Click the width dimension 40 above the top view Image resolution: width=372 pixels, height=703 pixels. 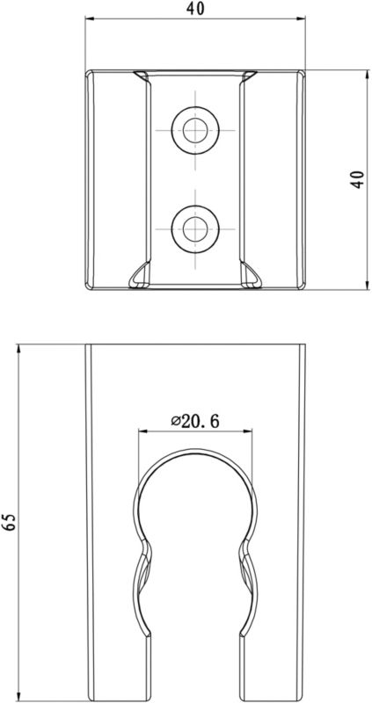click(196, 9)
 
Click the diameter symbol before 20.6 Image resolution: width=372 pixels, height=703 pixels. click(177, 422)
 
